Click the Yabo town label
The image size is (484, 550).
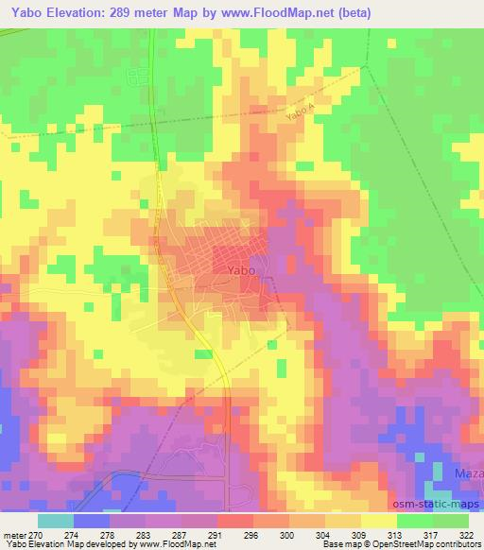pos(240,270)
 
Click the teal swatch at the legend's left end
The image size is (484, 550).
pos(56,520)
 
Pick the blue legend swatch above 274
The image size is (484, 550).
pos(92,520)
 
